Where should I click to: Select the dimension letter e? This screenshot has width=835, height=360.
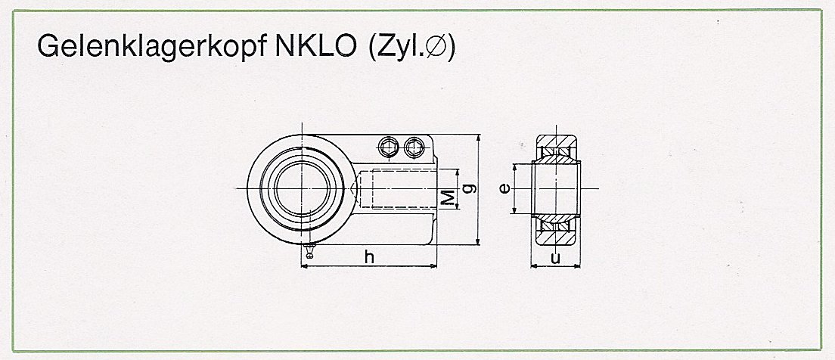pyautogui.click(x=504, y=188)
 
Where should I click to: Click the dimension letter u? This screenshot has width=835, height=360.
pyautogui.click(x=555, y=256)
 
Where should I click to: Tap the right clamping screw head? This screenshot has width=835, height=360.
pyautogui.click(x=413, y=147)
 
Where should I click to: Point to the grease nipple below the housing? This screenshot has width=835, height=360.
pyautogui.click(x=309, y=250)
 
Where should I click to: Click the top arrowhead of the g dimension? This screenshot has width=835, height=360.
pyautogui.click(x=479, y=139)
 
